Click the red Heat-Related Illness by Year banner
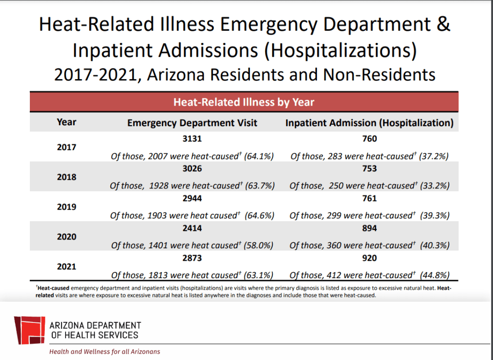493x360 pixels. (x=243, y=102)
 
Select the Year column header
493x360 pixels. (x=67, y=122)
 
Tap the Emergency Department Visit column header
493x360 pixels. (x=192, y=123)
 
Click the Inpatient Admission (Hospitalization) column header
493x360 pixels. (x=369, y=123)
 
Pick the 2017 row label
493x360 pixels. (x=67, y=147)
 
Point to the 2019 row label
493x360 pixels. (x=67, y=207)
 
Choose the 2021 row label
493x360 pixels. (x=67, y=267)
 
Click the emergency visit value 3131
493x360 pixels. (x=192, y=139)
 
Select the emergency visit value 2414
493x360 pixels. (x=192, y=228)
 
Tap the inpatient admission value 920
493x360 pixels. (x=369, y=258)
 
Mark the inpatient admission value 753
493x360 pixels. (x=369, y=169)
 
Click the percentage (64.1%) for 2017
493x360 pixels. (x=259, y=156)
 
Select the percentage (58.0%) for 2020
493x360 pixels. (x=259, y=246)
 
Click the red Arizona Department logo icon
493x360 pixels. (x=29, y=330)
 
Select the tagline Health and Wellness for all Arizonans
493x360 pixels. (x=105, y=352)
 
